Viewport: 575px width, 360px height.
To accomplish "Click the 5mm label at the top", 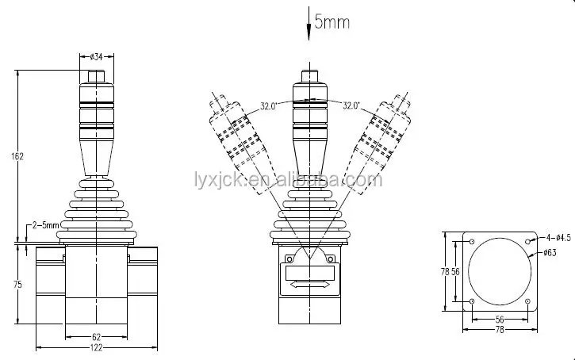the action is point(332,22).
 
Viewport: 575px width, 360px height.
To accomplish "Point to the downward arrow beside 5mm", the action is point(309,24).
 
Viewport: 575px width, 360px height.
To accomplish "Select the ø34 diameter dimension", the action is point(96,57).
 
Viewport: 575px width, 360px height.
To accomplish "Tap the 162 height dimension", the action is point(17,156).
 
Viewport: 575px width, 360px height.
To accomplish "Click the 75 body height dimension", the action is point(17,284).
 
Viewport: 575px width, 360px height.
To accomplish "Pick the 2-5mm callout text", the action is point(45,224).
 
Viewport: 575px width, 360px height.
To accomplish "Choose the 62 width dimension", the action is point(96,336).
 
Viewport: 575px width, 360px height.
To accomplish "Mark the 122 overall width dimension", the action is point(96,347).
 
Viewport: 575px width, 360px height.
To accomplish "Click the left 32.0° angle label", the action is point(268,106).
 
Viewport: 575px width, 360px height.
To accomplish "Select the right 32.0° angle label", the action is point(351,105).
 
